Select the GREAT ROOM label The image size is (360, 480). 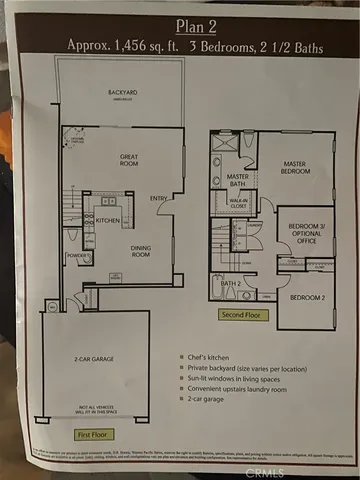click(x=128, y=160)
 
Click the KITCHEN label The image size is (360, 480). click(x=108, y=220)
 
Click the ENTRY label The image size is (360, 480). click(x=159, y=200)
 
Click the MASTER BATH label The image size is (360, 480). click(x=223, y=180)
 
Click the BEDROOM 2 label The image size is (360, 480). click(x=307, y=297)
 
